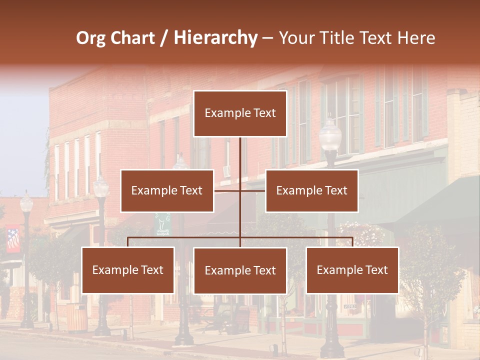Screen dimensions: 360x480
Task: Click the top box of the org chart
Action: (240, 113)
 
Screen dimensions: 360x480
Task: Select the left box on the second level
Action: (167, 190)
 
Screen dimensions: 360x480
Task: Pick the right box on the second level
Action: (311, 190)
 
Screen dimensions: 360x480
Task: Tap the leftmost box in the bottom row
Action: (128, 270)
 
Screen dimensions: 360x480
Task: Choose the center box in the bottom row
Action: (240, 270)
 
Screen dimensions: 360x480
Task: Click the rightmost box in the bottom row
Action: (352, 270)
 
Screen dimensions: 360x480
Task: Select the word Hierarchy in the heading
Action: (215, 38)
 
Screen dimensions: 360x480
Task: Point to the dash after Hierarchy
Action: (267, 38)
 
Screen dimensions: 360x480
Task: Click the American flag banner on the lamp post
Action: (13, 239)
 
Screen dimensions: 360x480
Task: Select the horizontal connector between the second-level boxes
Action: (240, 190)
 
